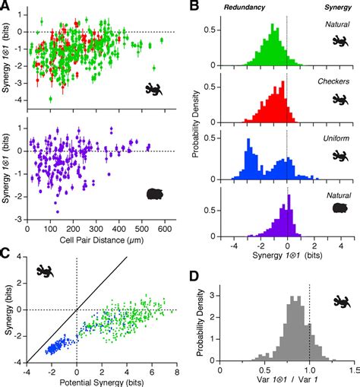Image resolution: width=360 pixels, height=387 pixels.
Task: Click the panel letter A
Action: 6,8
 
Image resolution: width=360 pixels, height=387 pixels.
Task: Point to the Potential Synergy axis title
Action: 100,378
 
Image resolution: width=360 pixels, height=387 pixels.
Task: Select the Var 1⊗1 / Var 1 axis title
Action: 287,378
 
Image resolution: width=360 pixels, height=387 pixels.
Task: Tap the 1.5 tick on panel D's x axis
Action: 354,367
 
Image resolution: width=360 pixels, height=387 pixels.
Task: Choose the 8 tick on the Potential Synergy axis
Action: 176,367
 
